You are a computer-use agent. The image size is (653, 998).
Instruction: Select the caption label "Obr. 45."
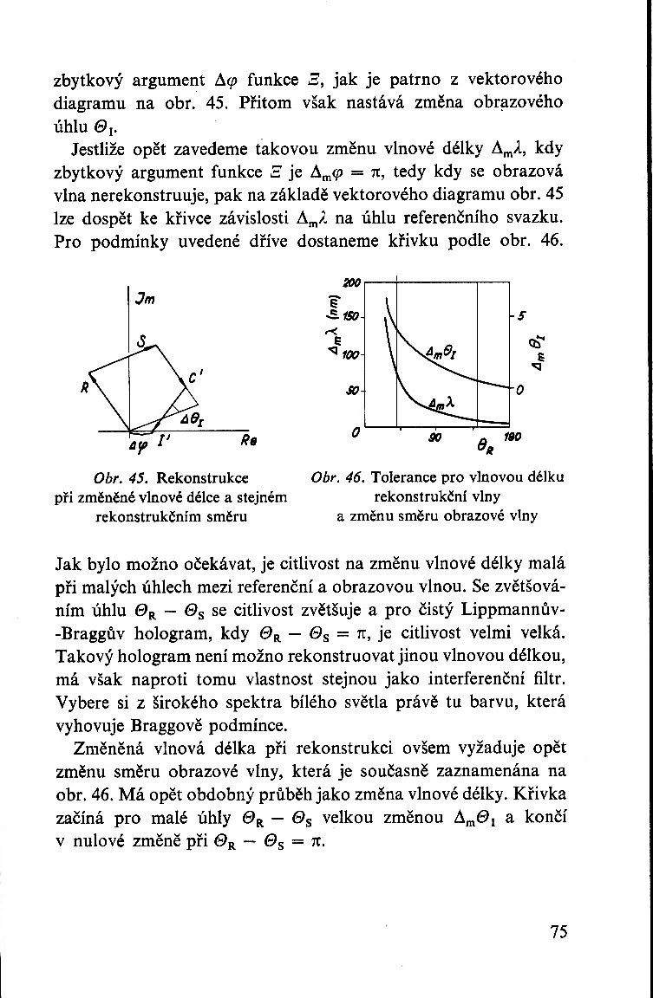click(116, 477)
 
